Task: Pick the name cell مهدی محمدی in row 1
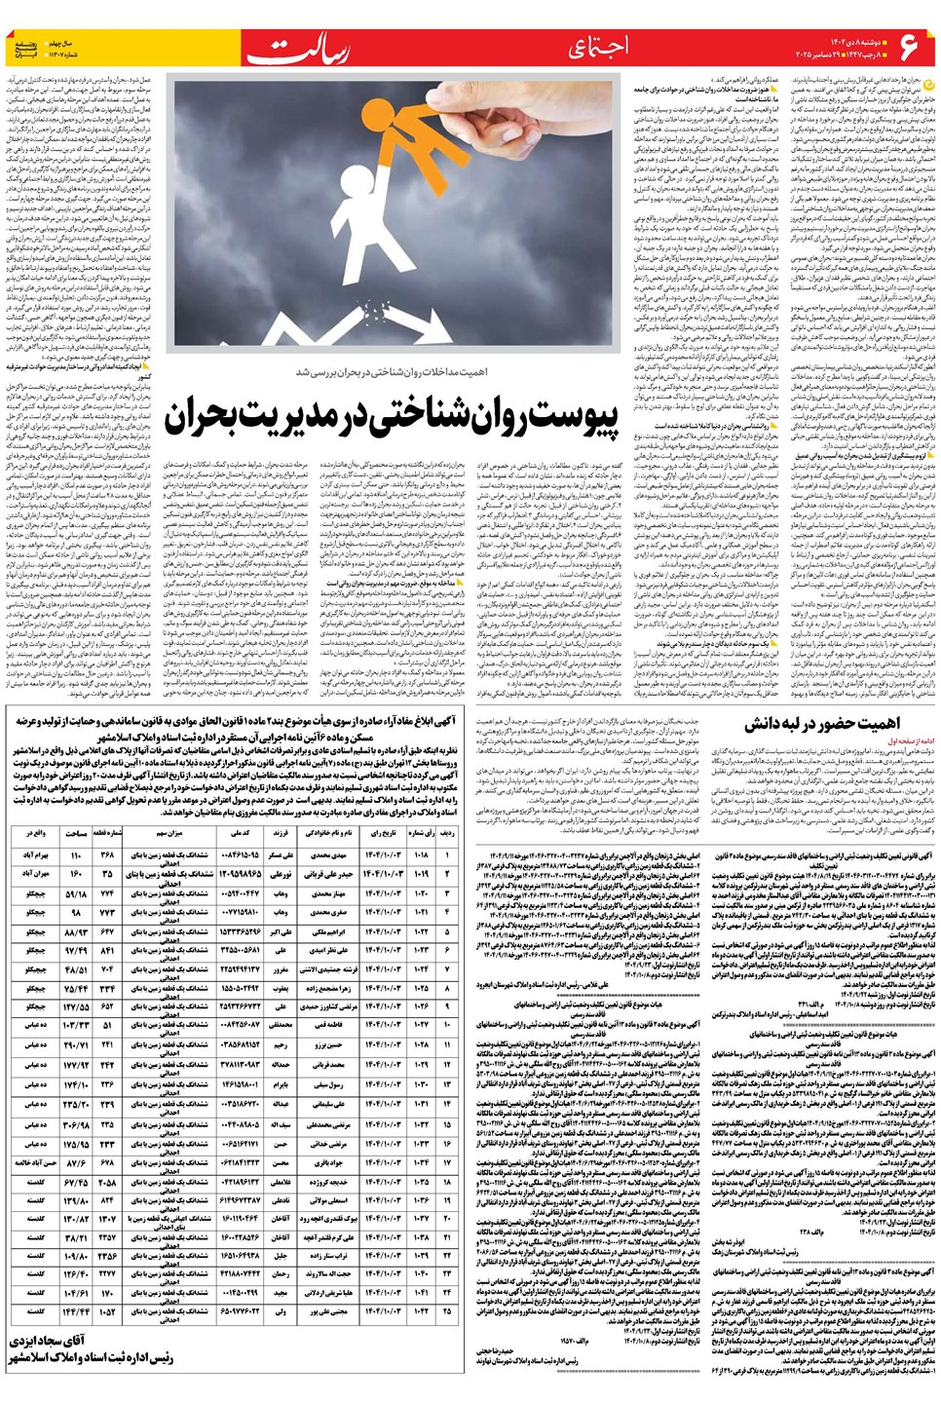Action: click(328, 854)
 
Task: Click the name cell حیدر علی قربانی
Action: click(328, 874)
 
